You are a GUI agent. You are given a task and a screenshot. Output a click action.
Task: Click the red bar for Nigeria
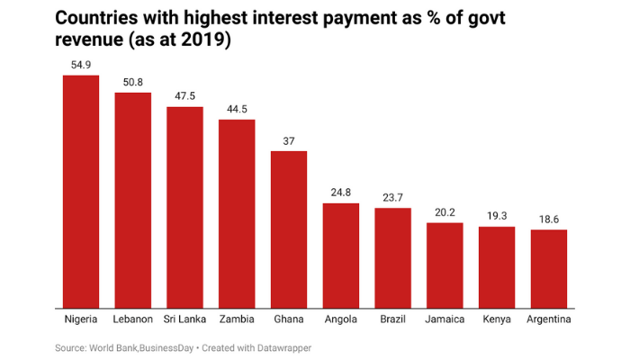click(x=80, y=191)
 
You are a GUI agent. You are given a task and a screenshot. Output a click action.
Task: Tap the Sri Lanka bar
click(x=184, y=207)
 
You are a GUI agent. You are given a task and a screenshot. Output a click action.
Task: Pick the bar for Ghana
click(x=289, y=229)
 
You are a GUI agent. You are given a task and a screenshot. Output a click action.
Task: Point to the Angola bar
click(x=341, y=255)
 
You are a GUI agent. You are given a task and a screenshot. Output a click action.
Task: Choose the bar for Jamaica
click(x=445, y=265)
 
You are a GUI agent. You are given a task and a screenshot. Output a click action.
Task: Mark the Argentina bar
click(x=549, y=268)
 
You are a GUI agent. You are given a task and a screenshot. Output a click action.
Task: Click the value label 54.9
click(x=80, y=65)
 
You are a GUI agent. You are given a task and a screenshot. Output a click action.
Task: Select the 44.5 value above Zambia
click(x=237, y=109)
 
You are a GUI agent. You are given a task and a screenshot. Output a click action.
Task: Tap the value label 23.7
click(x=393, y=198)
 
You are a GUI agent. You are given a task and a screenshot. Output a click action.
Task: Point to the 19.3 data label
click(x=497, y=216)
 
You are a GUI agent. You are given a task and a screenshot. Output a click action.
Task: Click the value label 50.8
click(x=132, y=82)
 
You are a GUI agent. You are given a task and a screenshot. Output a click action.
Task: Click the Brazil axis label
click(x=393, y=319)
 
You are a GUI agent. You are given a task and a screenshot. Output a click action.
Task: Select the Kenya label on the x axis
click(x=497, y=319)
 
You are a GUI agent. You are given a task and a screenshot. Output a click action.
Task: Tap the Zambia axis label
click(x=237, y=319)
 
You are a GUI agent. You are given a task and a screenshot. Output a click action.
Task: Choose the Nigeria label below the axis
click(x=80, y=319)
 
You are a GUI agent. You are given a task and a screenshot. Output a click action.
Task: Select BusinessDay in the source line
click(x=159, y=347)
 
